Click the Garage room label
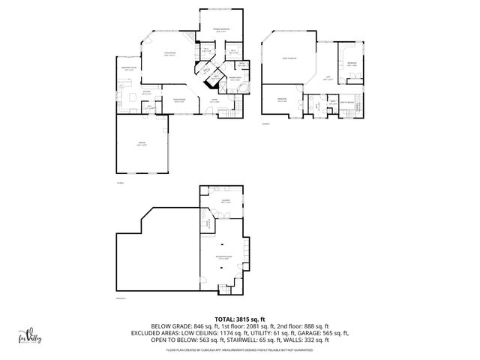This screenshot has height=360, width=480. pyautogui.click(x=142, y=145)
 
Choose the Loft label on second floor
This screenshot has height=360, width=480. pyautogui.click(x=326, y=77)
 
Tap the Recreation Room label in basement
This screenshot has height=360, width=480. pyautogui.click(x=223, y=259)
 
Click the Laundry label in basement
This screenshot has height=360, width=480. pyautogui.click(x=225, y=202)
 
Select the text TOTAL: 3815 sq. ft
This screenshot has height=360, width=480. pyautogui.click(x=240, y=319)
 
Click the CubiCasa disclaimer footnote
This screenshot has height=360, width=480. pyautogui.click(x=240, y=349)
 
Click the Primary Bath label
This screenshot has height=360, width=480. pyautogui.click(x=233, y=78)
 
